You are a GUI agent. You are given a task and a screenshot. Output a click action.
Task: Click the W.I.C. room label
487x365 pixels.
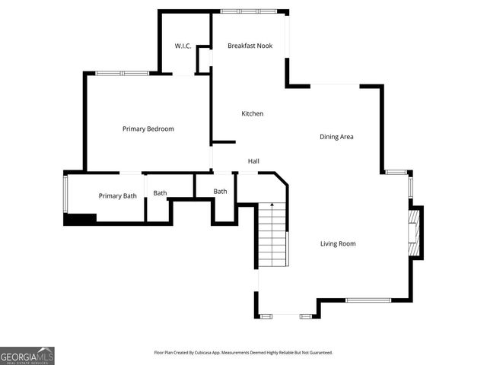click(x=183, y=46)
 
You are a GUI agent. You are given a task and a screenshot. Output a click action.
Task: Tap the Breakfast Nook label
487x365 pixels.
click(x=250, y=46)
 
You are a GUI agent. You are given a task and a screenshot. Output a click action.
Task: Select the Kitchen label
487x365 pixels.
click(x=253, y=114)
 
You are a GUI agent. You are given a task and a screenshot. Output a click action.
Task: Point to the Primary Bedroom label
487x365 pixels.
click(x=148, y=129)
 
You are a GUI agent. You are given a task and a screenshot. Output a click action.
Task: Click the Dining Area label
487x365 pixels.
click(x=336, y=137)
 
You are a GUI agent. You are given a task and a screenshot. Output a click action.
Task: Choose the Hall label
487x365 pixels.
click(x=253, y=161)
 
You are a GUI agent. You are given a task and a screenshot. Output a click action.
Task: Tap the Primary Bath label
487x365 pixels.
click(x=118, y=196)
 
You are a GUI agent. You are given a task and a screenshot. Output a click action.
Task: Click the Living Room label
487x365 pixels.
click(x=338, y=244)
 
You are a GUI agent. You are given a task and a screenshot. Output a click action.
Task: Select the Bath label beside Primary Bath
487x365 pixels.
click(x=160, y=193)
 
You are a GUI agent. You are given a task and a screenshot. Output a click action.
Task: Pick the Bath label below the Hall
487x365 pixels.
click(x=220, y=192)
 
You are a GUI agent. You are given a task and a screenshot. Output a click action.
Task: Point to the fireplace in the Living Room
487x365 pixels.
click(x=415, y=232)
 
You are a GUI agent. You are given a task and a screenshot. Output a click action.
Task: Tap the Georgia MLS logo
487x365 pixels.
click(x=27, y=356)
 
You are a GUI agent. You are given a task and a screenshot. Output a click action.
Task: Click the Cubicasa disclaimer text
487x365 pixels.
click(x=243, y=353)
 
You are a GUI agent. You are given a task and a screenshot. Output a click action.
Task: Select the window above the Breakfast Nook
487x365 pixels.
click(x=249, y=11)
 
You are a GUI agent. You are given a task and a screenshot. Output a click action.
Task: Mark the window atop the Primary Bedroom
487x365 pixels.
click(x=122, y=73)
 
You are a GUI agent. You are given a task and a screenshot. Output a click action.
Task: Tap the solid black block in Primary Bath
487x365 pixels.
click(x=80, y=219)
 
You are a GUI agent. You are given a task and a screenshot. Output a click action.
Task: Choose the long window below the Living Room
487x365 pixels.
click(x=368, y=300)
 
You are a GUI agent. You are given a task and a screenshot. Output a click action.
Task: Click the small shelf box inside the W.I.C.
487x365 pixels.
click(x=204, y=59)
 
